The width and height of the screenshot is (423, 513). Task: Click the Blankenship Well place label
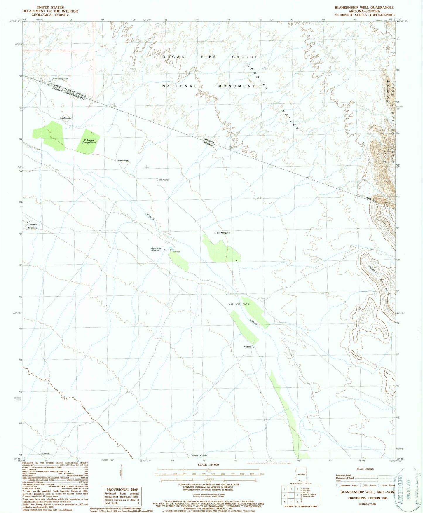pyautogui.click(x=60, y=79)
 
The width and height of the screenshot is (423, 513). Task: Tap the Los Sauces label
pyautogui.click(x=66, y=118)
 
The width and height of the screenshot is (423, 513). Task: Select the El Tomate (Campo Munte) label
pyautogui.click(x=89, y=141)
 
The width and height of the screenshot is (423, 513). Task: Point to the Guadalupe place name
pyautogui.click(x=123, y=160)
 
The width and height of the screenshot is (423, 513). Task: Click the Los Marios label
pyautogui.click(x=164, y=180)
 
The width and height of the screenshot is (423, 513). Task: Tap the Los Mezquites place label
pyautogui.click(x=224, y=233)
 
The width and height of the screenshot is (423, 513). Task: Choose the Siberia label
pyautogui.click(x=177, y=252)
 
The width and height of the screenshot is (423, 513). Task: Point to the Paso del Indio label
pyautogui.click(x=238, y=304)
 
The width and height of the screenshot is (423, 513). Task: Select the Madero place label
pyautogui.click(x=247, y=347)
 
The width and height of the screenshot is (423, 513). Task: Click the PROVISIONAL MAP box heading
pyautogui.click(x=122, y=490)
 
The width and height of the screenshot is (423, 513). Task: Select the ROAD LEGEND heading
pyautogui.click(x=365, y=469)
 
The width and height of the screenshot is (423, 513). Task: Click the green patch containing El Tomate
pyautogui.click(x=88, y=142)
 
